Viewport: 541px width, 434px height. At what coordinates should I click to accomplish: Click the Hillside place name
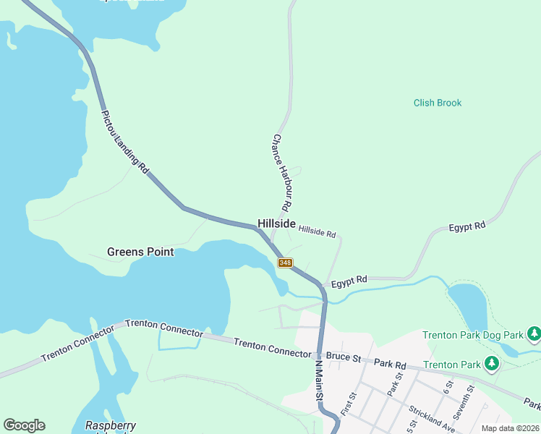click(x=276, y=225)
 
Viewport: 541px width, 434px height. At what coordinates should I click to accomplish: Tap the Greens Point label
click(x=140, y=252)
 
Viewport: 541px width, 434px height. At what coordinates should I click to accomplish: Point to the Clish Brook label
click(x=438, y=103)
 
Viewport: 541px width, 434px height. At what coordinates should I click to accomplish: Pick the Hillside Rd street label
click(x=318, y=233)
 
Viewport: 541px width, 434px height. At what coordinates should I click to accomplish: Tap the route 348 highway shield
click(x=285, y=263)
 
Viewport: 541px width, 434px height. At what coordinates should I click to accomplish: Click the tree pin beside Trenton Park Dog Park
click(x=534, y=334)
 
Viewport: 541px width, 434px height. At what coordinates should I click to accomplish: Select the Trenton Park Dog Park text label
click(x=472, y=335)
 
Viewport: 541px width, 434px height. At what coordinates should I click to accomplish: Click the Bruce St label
click(x=343, y=357)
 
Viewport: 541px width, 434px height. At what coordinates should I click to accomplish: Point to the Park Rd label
click(x=391, y=365)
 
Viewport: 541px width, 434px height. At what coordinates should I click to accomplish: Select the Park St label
click(x=395, y=384)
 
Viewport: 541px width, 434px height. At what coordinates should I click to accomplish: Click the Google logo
click(x=24, y=425)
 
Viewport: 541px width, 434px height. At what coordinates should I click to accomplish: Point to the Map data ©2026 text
click(x=509, y=428)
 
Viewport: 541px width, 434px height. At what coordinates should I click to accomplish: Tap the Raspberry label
click(x=111, y=426)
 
